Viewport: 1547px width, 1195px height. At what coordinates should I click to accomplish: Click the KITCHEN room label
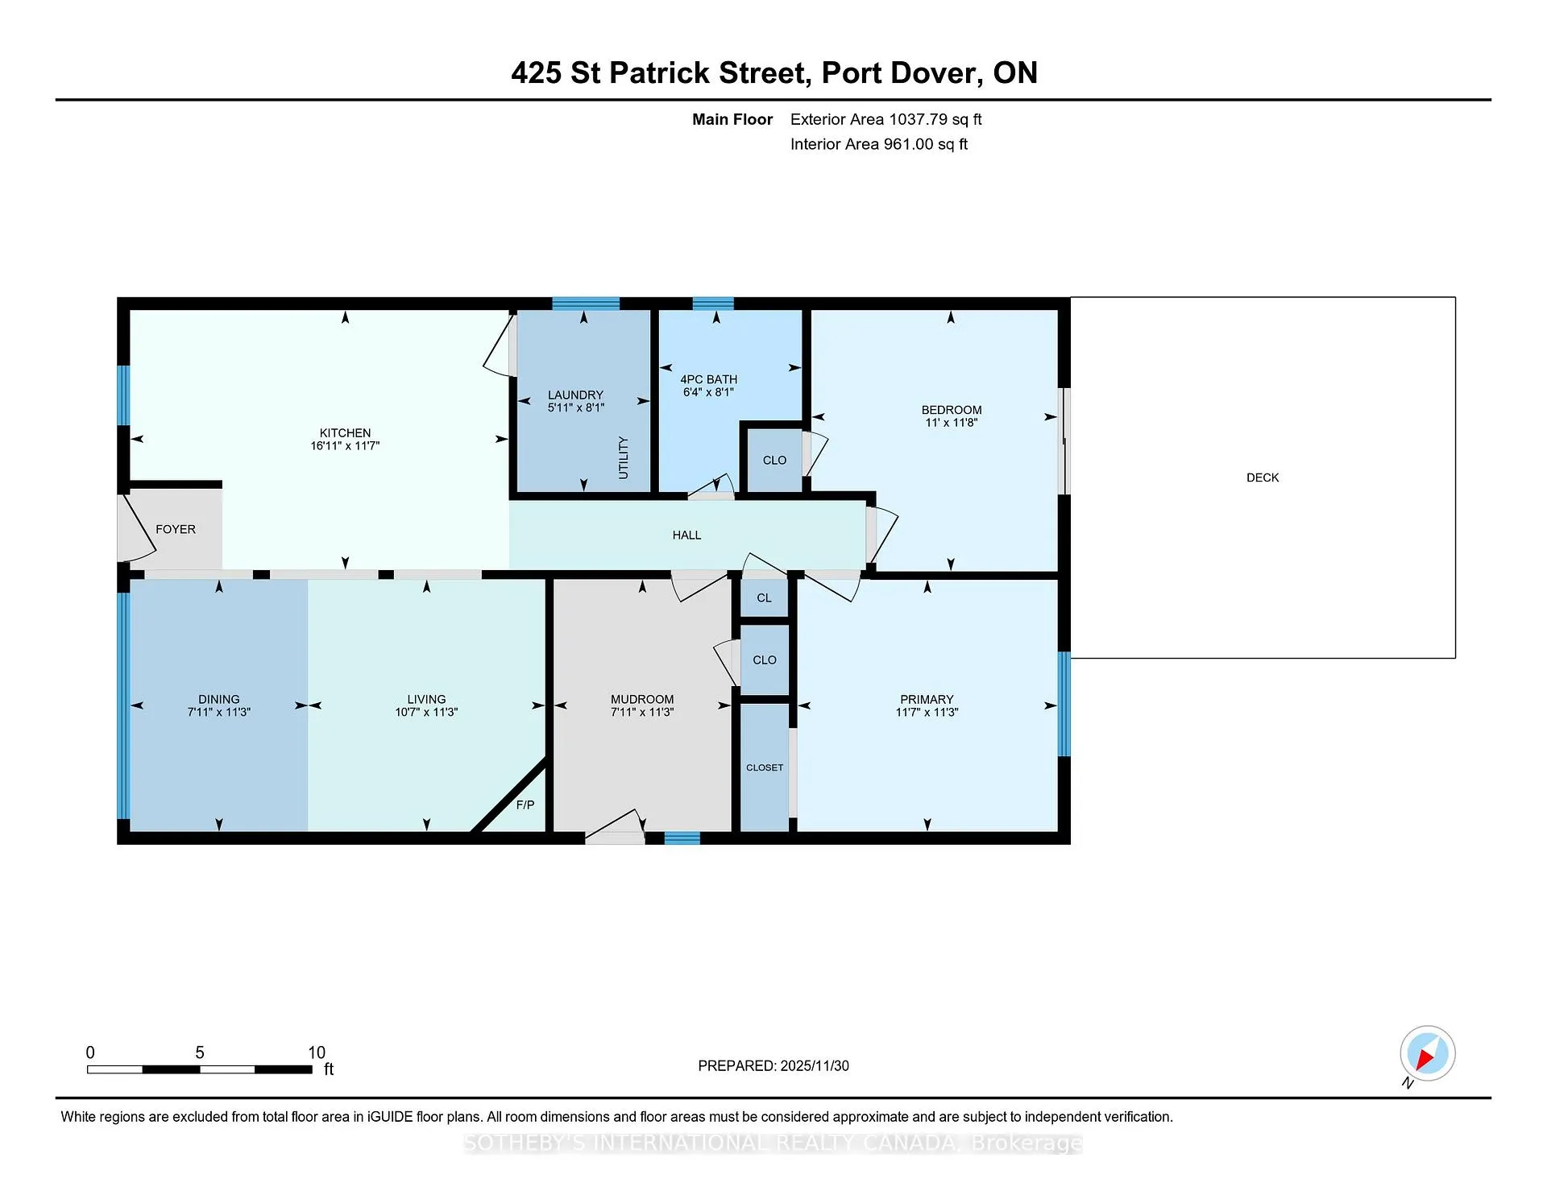tap(345, 433)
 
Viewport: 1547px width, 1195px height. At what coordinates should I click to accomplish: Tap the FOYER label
tap(176, 529)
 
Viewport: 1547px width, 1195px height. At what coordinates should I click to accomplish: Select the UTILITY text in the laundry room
tap(623, 457)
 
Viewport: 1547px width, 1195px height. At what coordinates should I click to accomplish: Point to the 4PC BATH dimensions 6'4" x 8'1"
tap(708, 392)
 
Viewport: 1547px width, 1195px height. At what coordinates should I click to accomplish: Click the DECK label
tap(1263, 478)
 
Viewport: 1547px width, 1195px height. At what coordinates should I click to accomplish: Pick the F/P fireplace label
tap(525, 804)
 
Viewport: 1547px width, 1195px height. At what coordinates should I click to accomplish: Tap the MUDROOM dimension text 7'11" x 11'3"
tap(642, 712)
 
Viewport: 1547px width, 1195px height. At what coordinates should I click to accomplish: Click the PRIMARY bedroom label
tap(927, 699)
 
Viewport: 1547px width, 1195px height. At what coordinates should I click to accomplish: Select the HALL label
tap(686, 535)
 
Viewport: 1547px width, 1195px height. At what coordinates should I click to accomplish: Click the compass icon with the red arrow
tap(1427, 1053)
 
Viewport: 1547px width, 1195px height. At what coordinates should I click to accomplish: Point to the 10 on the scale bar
tap(317, 1052)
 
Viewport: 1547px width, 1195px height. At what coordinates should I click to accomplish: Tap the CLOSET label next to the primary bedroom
tap(765, 767)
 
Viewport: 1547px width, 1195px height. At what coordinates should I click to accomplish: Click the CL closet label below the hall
tap(764, 597)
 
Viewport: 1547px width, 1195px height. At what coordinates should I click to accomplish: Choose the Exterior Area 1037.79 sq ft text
tap(885, 119)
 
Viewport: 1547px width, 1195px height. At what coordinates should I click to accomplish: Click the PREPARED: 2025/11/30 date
tap(773, 1065)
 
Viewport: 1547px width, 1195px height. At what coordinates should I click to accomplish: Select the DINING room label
tap(219, 699)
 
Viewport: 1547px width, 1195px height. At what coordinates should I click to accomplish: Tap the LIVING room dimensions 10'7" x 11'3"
tap(426, 712)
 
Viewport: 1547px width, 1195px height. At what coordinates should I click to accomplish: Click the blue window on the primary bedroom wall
tap(1064, 704)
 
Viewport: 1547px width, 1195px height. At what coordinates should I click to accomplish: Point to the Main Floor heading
tap(732, 119)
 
